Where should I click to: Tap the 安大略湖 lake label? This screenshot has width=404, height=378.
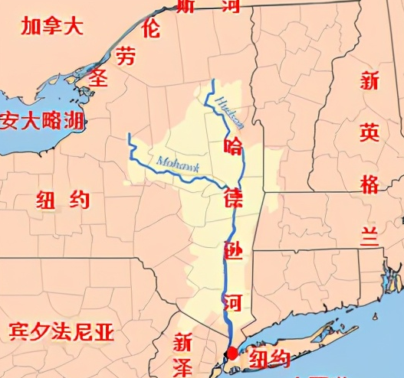[44, 120]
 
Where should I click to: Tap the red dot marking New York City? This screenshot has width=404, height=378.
[232, 353]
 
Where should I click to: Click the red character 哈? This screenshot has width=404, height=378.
[232, 145]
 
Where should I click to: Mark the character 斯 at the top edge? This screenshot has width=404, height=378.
[185, 7]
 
